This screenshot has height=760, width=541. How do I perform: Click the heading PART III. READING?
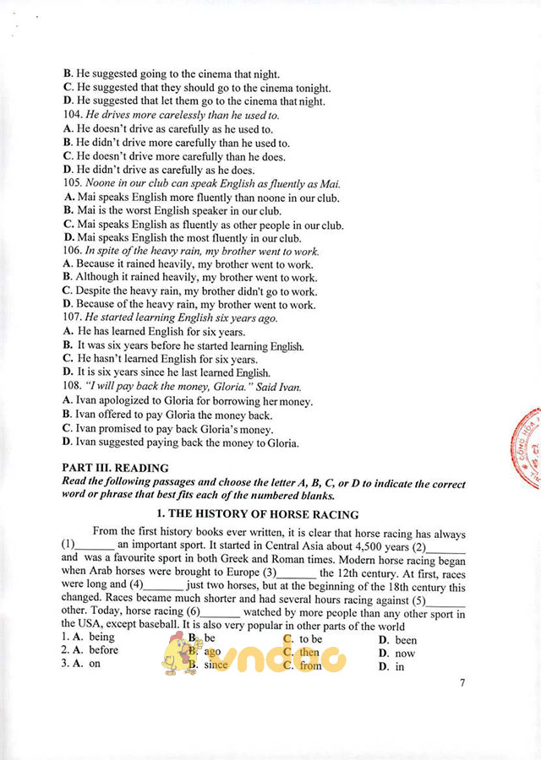115,467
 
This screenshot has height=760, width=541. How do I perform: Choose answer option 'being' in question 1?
101,637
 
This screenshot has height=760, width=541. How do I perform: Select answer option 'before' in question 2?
104,650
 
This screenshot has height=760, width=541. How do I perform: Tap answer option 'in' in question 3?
400,666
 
